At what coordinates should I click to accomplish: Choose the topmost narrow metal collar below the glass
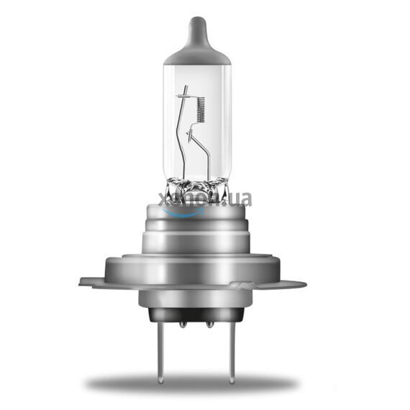point(196,213)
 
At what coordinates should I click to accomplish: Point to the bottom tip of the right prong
point(230,379)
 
